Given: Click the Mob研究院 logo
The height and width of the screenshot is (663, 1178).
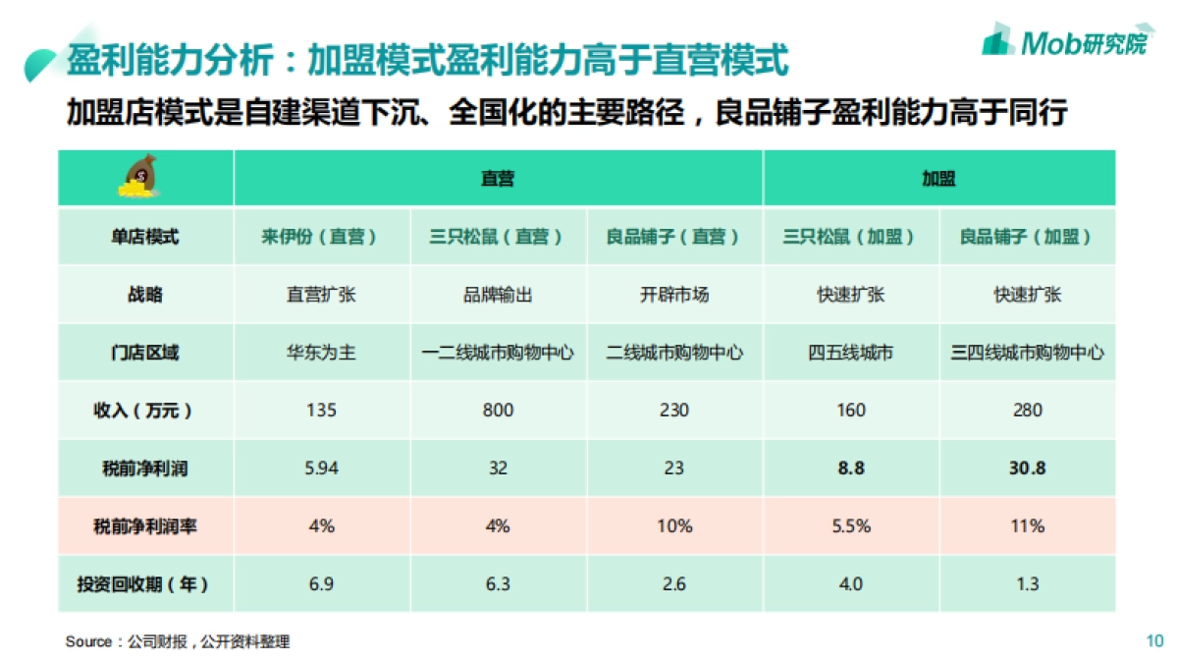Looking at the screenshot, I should [1064, 41].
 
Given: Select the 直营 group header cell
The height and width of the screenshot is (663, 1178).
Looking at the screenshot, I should [498, 179].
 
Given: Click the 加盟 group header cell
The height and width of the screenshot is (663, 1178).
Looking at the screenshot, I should [938, 179].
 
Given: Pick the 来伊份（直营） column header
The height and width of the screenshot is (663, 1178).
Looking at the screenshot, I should [320, 237].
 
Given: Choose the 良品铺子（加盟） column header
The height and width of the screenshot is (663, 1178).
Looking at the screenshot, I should [1027, 237].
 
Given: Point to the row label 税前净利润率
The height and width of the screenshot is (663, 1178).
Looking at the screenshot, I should [145, 526].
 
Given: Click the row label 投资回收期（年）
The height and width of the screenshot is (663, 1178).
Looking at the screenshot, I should [145, 584].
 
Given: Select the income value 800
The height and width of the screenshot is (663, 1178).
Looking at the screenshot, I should [498, 411].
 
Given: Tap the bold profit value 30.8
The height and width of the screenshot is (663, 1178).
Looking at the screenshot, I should [1027, 469].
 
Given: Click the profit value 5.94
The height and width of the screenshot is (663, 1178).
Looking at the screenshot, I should [321, 469].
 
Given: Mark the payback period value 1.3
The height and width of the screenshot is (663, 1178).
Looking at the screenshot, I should [1027, 584].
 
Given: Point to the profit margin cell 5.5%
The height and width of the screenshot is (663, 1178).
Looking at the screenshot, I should [851, 526].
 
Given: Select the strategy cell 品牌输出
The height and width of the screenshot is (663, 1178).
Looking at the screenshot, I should [498, 295].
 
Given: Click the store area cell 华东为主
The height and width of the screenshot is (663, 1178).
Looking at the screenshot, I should [321, 353].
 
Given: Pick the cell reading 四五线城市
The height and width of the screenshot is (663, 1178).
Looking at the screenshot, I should [851, 353].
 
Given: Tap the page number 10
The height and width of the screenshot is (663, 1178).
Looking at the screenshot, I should [1154, 641].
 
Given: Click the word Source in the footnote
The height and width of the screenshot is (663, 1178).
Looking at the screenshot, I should [89, 642].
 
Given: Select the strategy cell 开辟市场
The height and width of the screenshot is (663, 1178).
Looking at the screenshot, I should [674, 295].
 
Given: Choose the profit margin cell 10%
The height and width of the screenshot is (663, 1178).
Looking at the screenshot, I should [674, 526].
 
